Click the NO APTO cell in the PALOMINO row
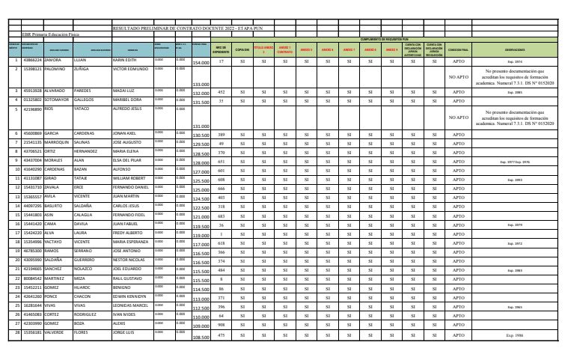[457, 76]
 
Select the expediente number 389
[222, 134]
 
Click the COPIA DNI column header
[242, 50]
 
